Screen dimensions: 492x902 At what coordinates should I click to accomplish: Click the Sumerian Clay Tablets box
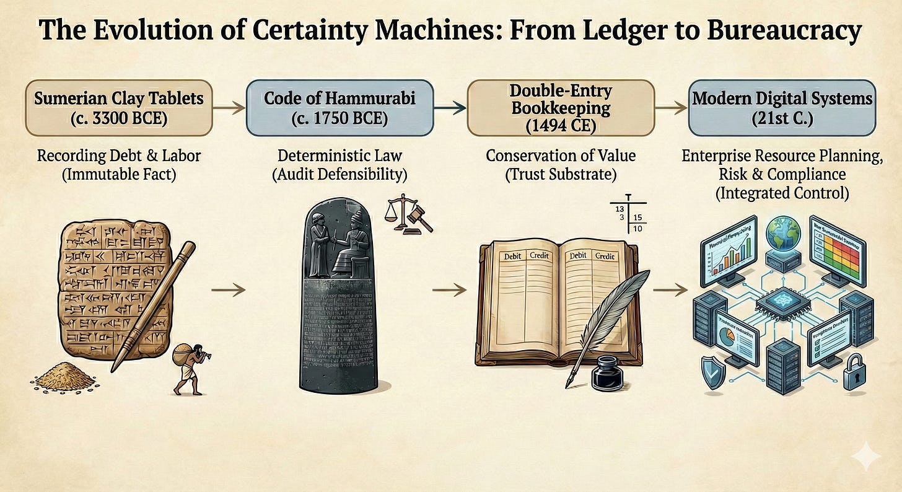click(x=118, y=107)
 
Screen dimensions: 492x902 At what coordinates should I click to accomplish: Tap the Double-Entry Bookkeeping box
click(x=559, y=107)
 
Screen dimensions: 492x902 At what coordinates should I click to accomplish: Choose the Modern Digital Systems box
click(x=782, y=107)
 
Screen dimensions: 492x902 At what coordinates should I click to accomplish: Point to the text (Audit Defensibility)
click(x=339, y=174)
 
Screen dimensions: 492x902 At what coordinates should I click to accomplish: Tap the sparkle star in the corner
click(x=865, y=459)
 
